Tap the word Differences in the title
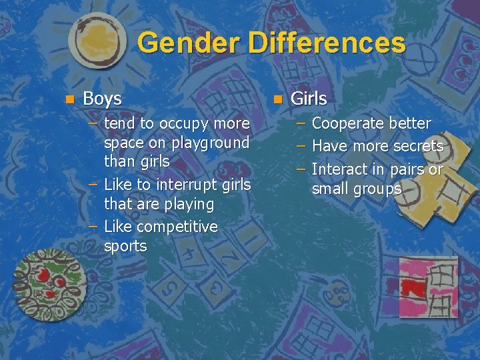(x=327, y=43)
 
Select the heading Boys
(x=102, y=99)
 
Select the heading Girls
(x=309, y=99)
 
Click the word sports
(x=125, y=246)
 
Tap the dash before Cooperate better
(x=301, y=123)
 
